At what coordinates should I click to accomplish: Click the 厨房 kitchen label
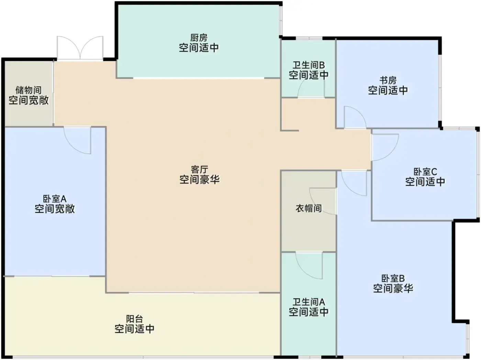[199, 38]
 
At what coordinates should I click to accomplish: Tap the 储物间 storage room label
[29, 90]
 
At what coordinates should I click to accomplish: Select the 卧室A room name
[55, 199]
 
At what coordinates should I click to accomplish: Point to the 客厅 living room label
[199, 169]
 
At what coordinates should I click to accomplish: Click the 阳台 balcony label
[135, 318]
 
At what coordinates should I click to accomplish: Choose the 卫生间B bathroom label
[309, 65]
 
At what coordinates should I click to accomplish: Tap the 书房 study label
[388, 80]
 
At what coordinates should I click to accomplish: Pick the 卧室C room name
[425, 172]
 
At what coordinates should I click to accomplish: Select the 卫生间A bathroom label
[309, 302]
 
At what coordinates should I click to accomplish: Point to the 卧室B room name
[393, 279]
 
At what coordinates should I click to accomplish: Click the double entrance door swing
[80, 48]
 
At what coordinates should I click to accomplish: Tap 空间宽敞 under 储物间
[29, 100]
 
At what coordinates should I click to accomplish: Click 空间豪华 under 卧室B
[393, 288]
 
